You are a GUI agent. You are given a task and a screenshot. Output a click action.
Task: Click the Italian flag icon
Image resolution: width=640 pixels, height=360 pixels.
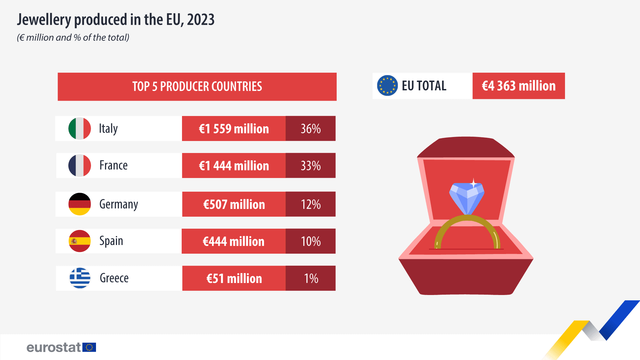79,129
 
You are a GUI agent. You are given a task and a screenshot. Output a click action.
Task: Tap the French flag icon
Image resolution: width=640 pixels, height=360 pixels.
79,166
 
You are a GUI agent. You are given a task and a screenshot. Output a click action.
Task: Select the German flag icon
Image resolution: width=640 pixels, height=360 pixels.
79,204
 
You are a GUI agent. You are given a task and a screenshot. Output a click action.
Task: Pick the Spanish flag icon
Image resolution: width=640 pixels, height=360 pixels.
79,241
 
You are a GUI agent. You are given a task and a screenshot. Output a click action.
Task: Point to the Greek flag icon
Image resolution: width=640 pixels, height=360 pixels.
80,278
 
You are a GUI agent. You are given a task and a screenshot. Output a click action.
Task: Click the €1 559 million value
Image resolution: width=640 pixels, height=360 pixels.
234,129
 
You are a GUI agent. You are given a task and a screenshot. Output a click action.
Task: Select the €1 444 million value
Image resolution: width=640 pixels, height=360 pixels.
234,166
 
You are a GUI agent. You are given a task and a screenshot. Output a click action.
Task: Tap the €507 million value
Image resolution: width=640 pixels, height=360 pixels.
234,204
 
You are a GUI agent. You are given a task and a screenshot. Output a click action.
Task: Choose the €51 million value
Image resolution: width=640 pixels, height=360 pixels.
234,278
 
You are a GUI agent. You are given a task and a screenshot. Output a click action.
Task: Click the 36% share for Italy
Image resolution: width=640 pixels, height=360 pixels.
311,129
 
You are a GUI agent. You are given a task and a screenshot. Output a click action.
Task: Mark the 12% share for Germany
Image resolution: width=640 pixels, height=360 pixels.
311,204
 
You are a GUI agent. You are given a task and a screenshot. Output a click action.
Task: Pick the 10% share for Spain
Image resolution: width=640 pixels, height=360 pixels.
311,241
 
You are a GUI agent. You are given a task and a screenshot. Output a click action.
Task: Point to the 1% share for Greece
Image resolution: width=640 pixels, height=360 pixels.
311,278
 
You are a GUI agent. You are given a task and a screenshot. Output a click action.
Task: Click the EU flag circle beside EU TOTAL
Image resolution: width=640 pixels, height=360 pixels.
387,86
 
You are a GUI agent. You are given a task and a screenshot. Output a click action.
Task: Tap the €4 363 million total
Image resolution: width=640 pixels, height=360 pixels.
519,86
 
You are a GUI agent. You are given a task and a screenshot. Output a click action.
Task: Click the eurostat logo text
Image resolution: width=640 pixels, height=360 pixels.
54,347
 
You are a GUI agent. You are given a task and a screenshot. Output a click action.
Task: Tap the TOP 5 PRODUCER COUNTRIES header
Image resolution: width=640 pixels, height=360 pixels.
197,87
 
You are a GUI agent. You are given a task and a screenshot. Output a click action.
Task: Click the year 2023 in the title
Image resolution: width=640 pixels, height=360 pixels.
201,20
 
